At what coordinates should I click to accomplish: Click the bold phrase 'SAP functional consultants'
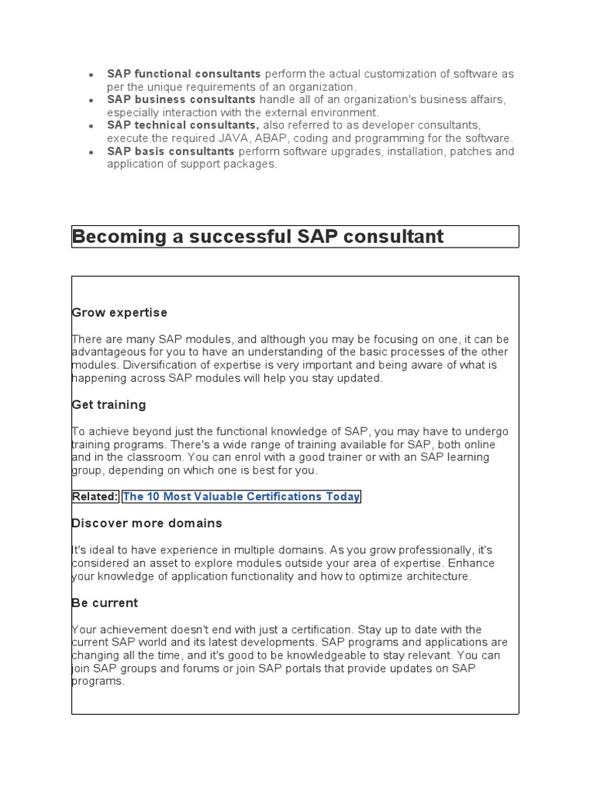click(x=184, y=74)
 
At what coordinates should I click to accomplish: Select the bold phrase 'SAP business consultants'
click(x=181, y=99)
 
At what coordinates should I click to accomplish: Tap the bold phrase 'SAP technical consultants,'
click(x=183, y=125)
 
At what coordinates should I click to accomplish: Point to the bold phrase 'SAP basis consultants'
click(x=171, y=151)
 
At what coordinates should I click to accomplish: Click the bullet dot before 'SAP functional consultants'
click(x=91, y=75)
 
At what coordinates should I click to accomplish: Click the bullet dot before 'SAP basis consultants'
click(x=91, y=153)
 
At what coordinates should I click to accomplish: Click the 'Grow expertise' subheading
click(x=119, y=313)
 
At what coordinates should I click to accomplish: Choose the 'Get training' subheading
click(x=108, y=404)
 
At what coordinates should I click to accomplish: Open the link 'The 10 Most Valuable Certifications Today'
click(x=241, y=496)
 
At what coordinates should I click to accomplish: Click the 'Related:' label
click(x=95, y=496)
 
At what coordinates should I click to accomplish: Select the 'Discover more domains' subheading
click(x=147, y=523)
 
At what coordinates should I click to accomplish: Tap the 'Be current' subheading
click(x=104, y=603)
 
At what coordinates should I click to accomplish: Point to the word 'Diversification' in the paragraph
click(x=153, y=365)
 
